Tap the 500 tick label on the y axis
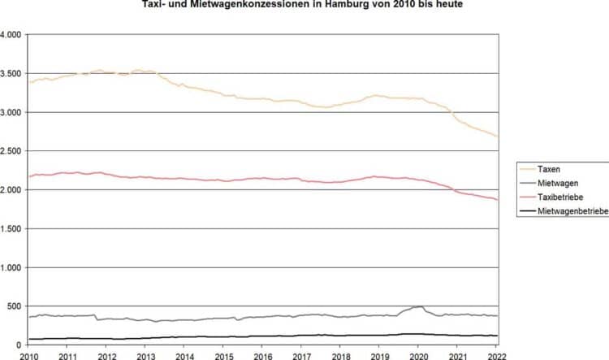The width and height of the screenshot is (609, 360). (x=16, y=306)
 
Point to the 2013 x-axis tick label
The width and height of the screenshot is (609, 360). (x=145, y=356)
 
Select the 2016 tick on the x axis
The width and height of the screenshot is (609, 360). (x=262, y=356)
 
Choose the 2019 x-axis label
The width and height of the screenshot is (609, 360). (x=380, y=356)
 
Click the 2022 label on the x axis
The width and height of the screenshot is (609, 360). (x=497, y=356)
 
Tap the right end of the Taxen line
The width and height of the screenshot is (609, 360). (x=497, y=137)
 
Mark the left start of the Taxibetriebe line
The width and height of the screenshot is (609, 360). (x=29, y=176)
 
